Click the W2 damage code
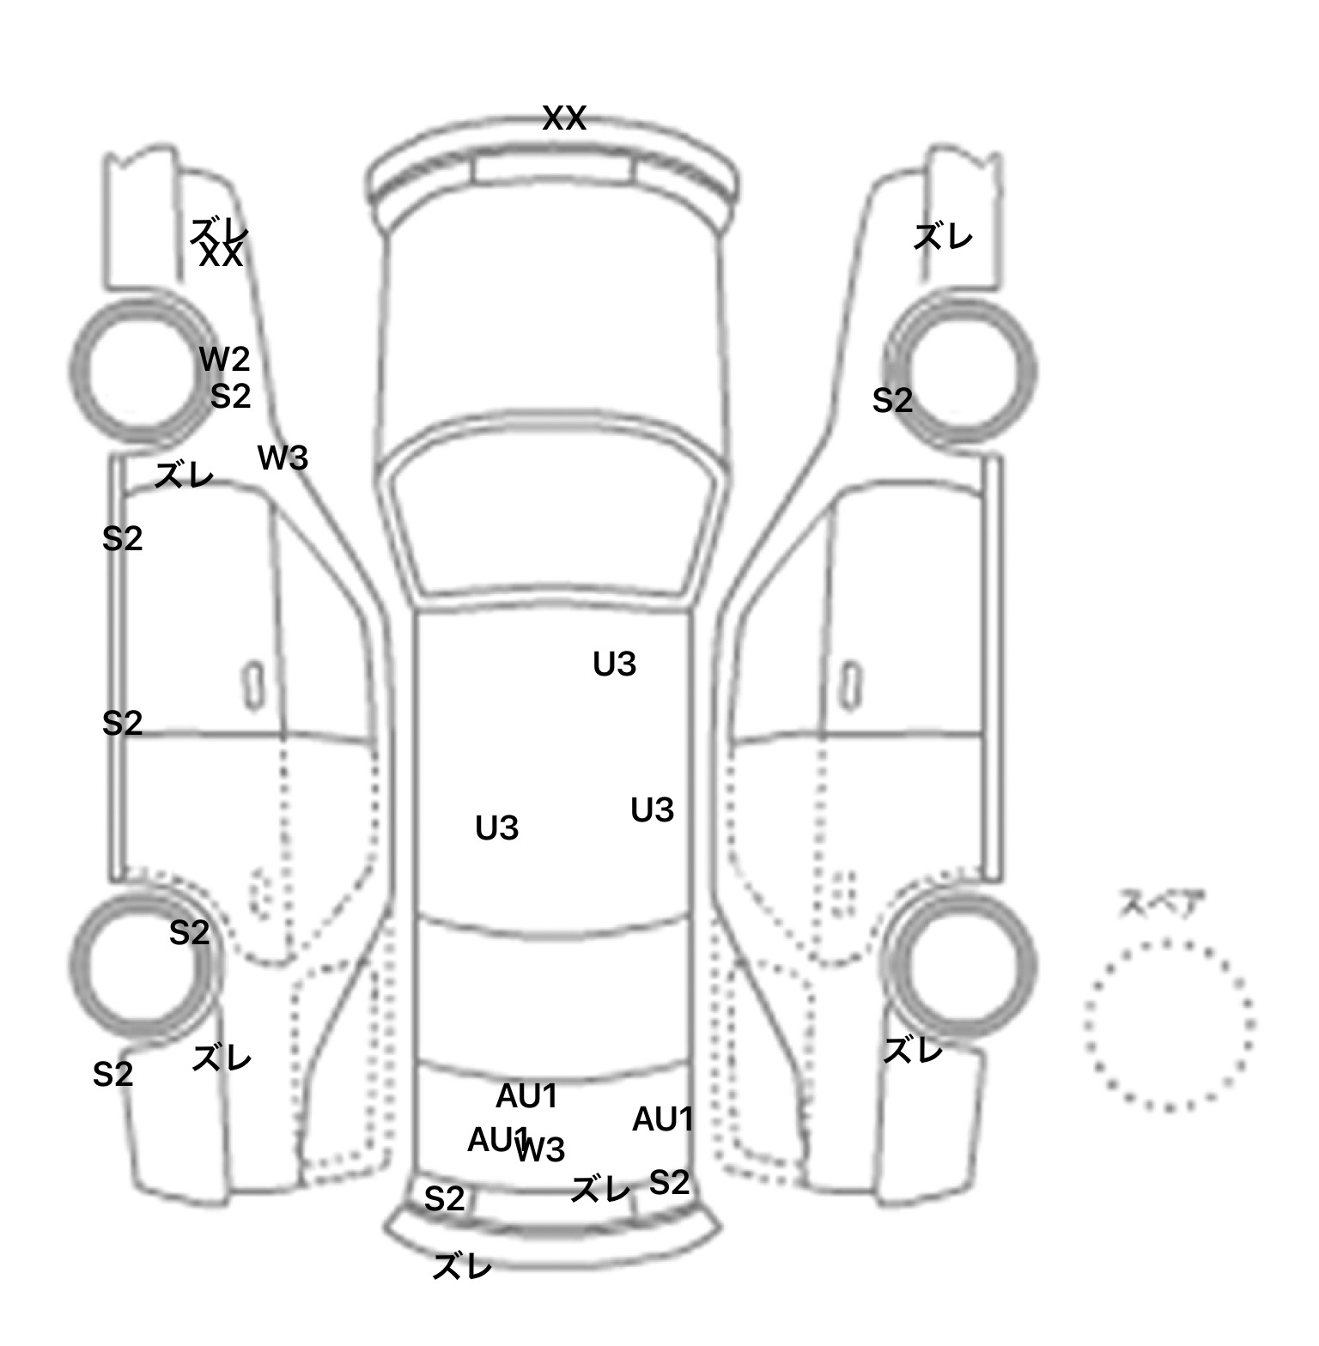(224, 359)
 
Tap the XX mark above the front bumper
(564, 118)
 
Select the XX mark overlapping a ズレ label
(221, 255)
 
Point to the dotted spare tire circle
(1169, 1025)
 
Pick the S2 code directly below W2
(230, 396)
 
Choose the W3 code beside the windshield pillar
(283, 458)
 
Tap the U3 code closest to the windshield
(615, 664)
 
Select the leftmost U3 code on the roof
(496, 828)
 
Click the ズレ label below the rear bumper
(462, 1266)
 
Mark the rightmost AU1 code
(662, 1119)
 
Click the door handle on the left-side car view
(253, 685)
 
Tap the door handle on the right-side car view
(850, 685)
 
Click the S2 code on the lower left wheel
(189, 932)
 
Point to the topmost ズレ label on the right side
(942, 236)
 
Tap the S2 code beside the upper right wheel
(892, 401)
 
